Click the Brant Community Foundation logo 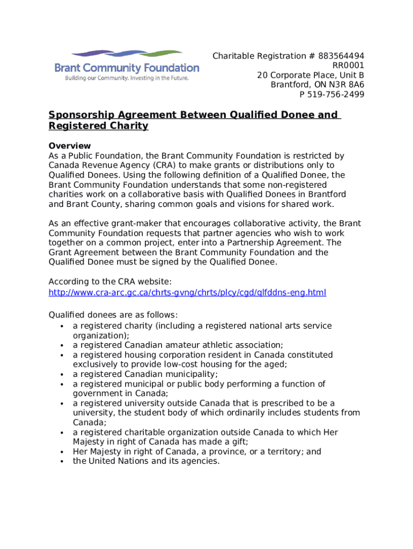tap(127, 65)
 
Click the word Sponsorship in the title tap(80, 115)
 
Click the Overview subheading tap(70, 146)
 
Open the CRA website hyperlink tap(187, 292)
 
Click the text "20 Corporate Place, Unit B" tap(311, 75)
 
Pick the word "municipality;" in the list tap(191, 374)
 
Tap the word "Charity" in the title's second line tap(125, 126)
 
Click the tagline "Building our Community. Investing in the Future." tap(127, 78)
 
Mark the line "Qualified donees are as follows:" tap(113, 315)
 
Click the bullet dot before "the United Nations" tap(63, 461)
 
